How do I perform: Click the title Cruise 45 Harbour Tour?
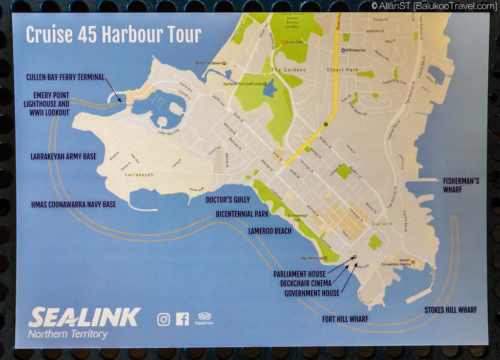point(113,35)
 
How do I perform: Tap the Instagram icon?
point(164,320)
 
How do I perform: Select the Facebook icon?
point(183,320)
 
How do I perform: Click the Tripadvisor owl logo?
point(205,317)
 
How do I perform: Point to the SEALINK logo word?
point(84,318)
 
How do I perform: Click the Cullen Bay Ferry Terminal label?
point(65,77)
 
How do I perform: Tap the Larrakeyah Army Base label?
point(63,157)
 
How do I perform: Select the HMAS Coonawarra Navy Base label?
point(73,204)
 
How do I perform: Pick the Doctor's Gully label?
point(228,200)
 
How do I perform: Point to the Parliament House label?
point(299,274)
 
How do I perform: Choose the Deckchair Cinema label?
point(306,283)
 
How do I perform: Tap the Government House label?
point(312,293)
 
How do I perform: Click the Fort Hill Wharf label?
point(345,319)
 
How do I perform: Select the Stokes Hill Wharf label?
point(450,310)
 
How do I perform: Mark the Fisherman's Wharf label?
point(461,185)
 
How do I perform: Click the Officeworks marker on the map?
point(343,51)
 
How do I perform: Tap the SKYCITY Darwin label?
point(208,64)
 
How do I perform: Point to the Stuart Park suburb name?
point(342,70)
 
